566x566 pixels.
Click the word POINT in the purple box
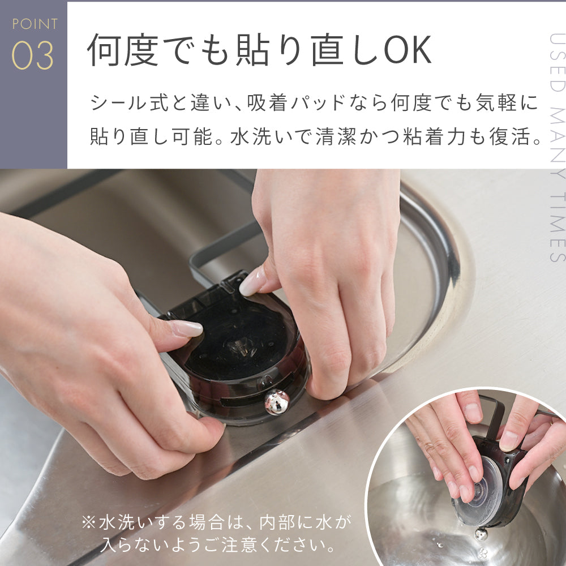click(35, 24)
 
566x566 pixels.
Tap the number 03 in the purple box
click(33, 55)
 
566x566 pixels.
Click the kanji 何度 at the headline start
click(123, 50)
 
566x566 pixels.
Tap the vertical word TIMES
click(557, 227)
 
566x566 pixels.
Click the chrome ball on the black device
click(277, 401)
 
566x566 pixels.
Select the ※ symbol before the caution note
click(88, 522)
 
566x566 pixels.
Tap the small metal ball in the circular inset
click(481, 534)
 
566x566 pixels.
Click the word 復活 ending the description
click(511, 136)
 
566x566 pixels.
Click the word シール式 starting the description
click(130, 103)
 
